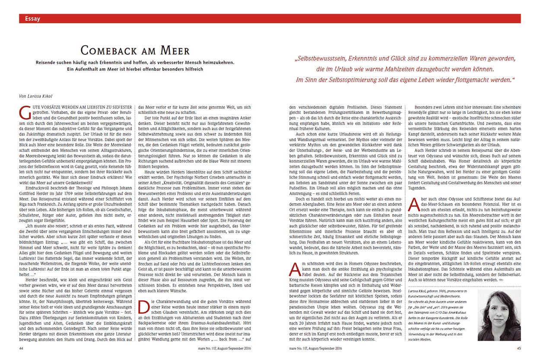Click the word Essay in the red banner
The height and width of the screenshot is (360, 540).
coord(33,19)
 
